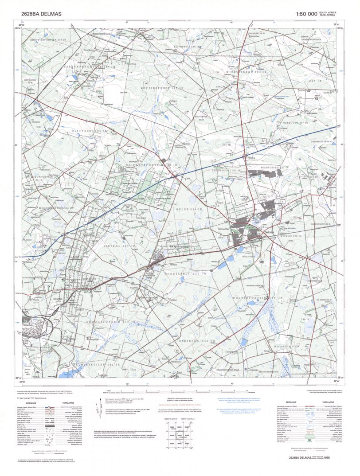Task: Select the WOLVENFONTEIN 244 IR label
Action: point(257,298)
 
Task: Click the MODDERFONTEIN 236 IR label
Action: point(56,207)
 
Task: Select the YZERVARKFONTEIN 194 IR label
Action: point(85,66)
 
